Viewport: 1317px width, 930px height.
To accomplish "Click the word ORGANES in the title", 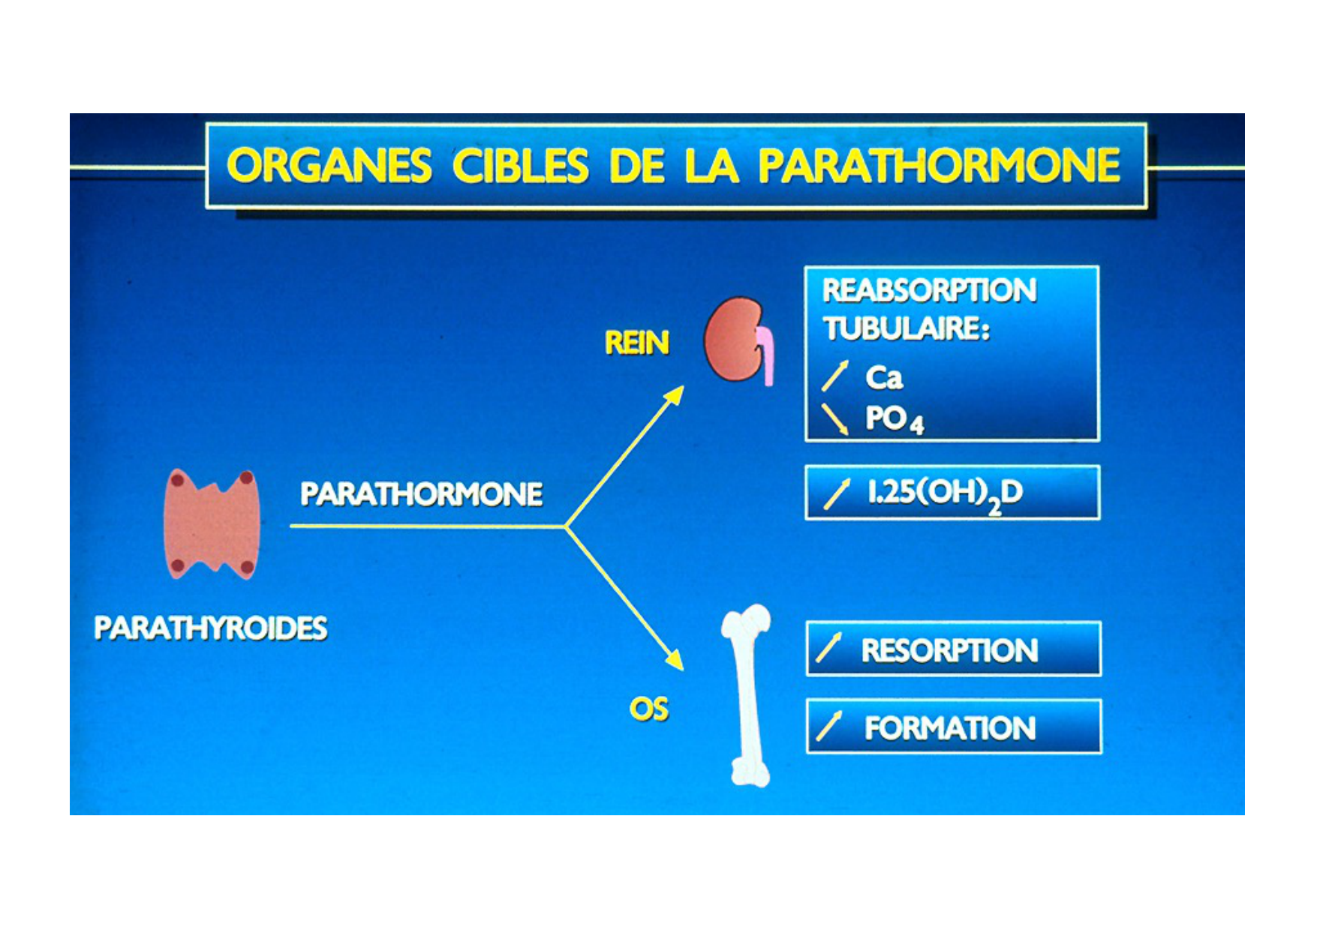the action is [x=329, y=166].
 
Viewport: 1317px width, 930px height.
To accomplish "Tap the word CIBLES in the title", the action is [x=520, y=166].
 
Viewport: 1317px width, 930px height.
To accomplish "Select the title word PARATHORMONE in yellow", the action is [x=939, y=166].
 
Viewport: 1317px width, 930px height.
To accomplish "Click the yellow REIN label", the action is [x=636, y=343].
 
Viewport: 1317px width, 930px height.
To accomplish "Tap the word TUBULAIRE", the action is [x=907, y=328].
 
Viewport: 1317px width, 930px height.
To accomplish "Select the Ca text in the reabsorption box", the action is [x=883, y=377].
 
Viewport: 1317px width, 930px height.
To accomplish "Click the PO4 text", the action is [x=894, y=419].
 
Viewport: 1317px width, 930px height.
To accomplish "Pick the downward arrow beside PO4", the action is [x=834, y=419].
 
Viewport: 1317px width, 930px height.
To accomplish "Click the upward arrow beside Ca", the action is [x=835, y=376].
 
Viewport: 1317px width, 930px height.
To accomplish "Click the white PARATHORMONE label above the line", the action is [x=422, y=494].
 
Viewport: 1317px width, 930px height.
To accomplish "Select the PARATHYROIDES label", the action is [x=211, y=628].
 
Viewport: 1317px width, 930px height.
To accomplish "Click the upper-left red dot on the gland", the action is [x=178, y=479].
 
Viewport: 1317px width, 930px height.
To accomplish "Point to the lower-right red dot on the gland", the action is [x=246, y=566].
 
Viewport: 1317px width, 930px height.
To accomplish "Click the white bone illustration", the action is [x=747, y=695].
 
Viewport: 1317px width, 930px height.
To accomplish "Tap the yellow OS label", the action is [x=649, y=709].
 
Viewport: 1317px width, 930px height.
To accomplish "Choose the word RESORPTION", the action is [x=949, y=650].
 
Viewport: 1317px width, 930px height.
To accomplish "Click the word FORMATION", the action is [x=950, y=728].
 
